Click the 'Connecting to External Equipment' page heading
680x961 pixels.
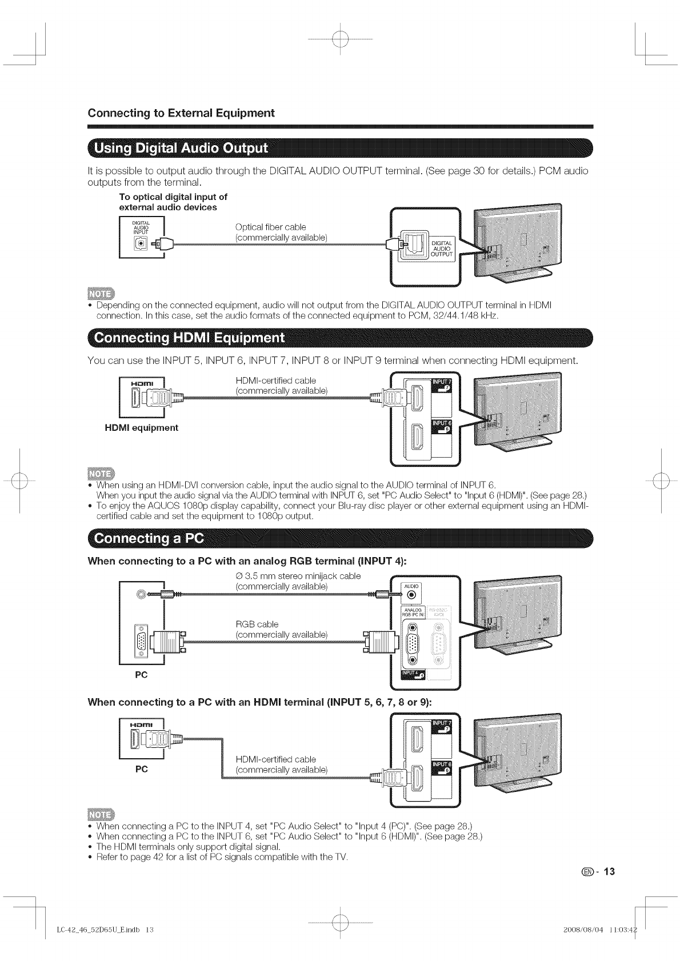click(181, 113)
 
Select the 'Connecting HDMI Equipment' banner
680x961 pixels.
click(189, 337)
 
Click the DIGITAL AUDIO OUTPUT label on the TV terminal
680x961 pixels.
click(442, 249)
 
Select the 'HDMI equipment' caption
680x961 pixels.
click(141, 428)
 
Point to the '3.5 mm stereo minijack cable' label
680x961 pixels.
click(298, 576)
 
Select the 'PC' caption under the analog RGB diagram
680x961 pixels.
click(141, 675)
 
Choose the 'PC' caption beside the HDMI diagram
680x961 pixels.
click(141, 769)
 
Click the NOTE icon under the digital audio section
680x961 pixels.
click(101, 294)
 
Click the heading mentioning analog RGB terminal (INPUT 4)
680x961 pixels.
click(247, 560)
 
